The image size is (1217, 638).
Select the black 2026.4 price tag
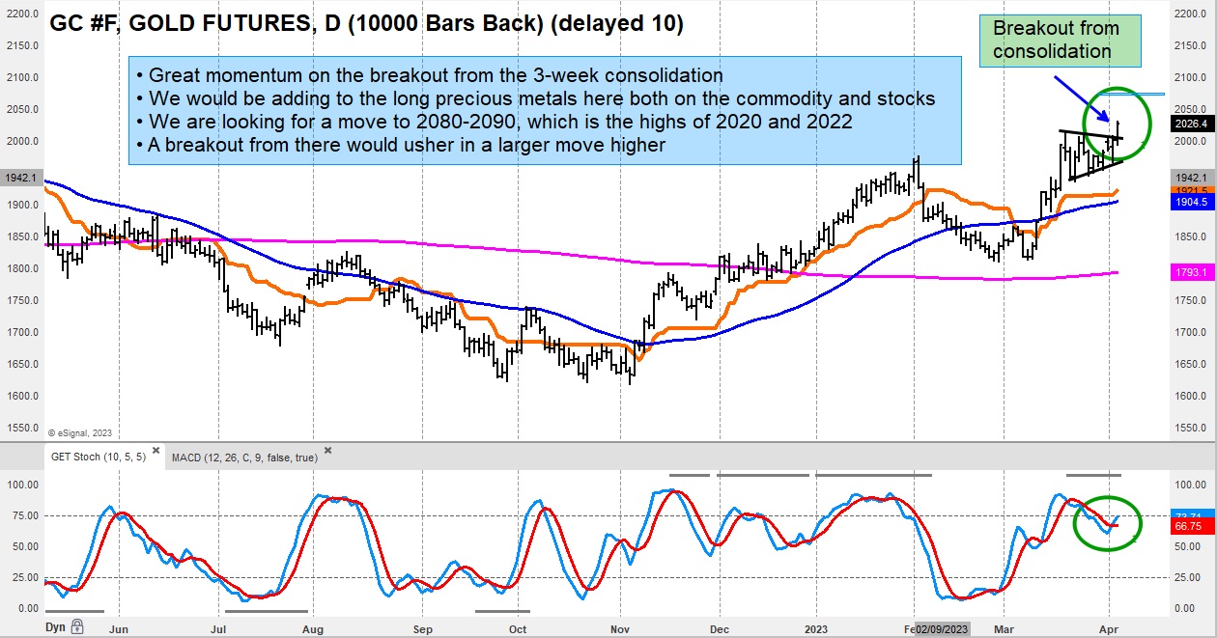click(x=1189, y=124)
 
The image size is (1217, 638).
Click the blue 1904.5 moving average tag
click(x=1189, y=204)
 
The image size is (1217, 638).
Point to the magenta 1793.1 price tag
click(x=1189, y=273)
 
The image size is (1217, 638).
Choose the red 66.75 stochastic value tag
click(x=1189, y=527)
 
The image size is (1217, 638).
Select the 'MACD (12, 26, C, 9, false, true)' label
click(x=243, y=457)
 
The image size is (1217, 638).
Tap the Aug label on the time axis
click(x=311, y=627)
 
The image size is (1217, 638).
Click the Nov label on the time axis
click(x=621, y=627)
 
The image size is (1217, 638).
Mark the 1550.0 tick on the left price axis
click(x=22, y=428)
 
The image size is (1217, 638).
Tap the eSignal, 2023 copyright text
click(x=79, y=431)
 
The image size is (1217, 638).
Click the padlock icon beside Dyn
click(x=76, y=626)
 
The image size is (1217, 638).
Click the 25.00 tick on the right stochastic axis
click(x=1187, y=577)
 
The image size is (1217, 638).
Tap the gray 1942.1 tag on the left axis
click(x=21, y=179)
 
